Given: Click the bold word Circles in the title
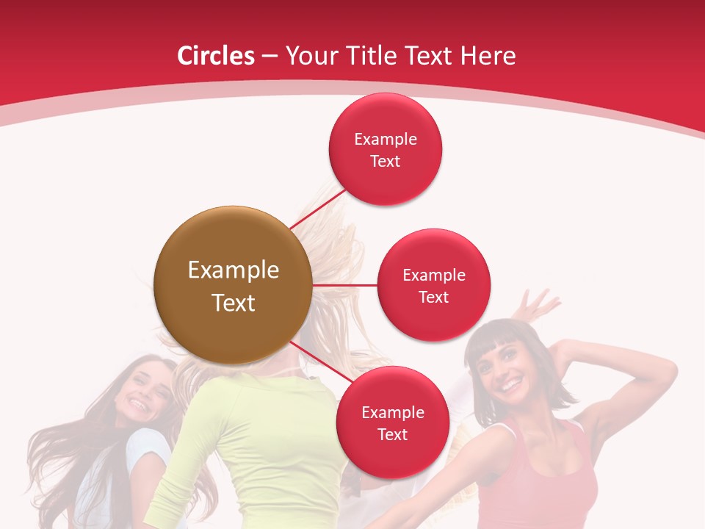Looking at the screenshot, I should click(x=216, y=56).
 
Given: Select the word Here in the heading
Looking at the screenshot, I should click(x=488, y=56).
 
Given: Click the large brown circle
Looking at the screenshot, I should click(x=233, y=285).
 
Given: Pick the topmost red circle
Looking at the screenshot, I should click(x=385, y=149).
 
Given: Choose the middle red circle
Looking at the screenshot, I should click(x=433, y=285).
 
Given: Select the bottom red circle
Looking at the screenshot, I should click(x=392, y=422).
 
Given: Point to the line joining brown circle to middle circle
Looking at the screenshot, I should click(x=344, y=285).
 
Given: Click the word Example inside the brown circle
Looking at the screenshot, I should click(x=233, y=270).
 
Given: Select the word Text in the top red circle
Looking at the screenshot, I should click(x=385, y=161).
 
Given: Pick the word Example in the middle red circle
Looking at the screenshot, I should click(x=433, y=275).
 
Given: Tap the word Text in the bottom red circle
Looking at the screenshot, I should click(x=392, y=434).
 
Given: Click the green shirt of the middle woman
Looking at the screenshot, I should click(x=250, y=441).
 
